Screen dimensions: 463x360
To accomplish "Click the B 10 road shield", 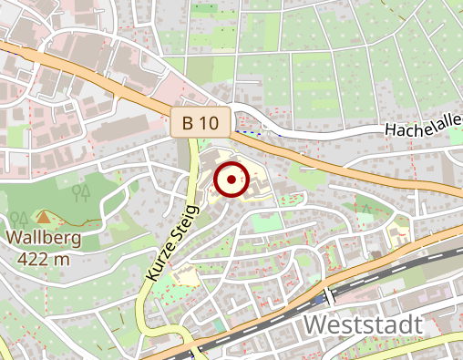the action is click(x=201, y=121).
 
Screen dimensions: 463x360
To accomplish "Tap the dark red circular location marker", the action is click(x=231, y=180).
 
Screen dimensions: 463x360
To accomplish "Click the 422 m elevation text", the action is click(x=43, y=258).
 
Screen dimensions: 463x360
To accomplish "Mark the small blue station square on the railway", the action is click(x=328, y=297).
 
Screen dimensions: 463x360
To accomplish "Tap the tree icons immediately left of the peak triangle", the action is click(x=19, y=219).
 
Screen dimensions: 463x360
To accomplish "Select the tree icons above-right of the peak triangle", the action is click(x=81, y=192).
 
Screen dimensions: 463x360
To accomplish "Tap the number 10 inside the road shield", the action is click(x=211, y=121).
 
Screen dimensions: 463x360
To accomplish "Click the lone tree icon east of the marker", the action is click(x=366, y=209).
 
